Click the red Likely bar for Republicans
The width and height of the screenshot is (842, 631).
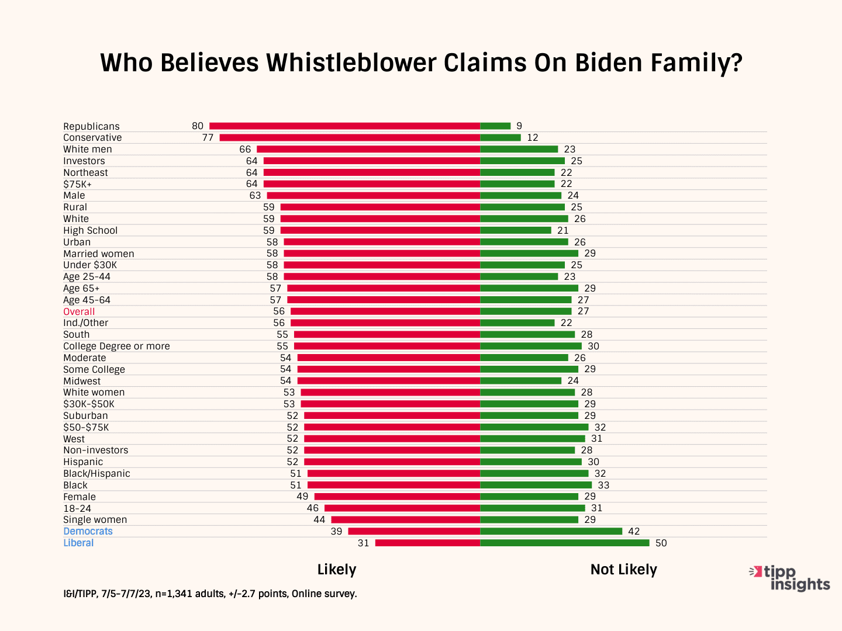click(344, 126)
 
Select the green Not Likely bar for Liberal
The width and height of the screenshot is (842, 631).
click(564, 543)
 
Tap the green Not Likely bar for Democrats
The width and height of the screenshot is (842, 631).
click(551, 531)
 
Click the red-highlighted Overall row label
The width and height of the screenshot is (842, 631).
click(79, 311)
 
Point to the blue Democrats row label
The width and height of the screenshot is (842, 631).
click(88, 531)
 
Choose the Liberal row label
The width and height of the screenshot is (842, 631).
click(78, 543)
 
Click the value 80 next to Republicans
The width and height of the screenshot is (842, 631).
click(198, 126)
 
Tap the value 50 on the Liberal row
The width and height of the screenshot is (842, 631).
click(661, 543)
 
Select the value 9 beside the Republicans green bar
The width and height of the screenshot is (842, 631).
click(519, 126)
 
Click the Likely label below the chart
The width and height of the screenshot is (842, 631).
click(337, 570)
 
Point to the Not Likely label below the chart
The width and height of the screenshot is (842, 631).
click(623, 570)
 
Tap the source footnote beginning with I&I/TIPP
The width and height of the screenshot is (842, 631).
click(210, 594)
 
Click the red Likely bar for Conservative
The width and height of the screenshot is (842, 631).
click(350, 138)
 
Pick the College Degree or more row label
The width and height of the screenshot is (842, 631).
click(116, 346)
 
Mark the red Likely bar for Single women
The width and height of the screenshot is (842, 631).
click(405, 519)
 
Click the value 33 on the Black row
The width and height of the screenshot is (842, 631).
click(603, 485)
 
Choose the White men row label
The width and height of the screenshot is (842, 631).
click(88, 149)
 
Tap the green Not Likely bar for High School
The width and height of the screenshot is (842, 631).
click(516, 230)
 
